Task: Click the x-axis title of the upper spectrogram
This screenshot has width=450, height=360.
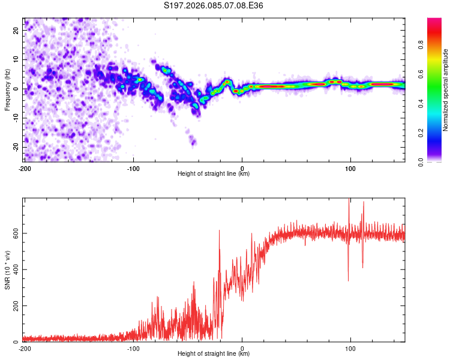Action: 214,173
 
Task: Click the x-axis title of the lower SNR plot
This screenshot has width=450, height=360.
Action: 214,353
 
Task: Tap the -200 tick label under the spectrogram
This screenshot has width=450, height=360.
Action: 25,167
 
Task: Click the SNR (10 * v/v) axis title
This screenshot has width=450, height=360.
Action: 7,270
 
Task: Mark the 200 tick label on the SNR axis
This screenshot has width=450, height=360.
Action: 15,306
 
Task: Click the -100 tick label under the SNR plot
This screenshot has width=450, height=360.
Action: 133,347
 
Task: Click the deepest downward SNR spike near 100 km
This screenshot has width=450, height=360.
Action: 348,280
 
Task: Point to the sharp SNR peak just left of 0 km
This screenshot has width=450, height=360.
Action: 219,231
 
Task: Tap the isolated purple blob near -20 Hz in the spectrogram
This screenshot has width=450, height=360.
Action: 193,142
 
